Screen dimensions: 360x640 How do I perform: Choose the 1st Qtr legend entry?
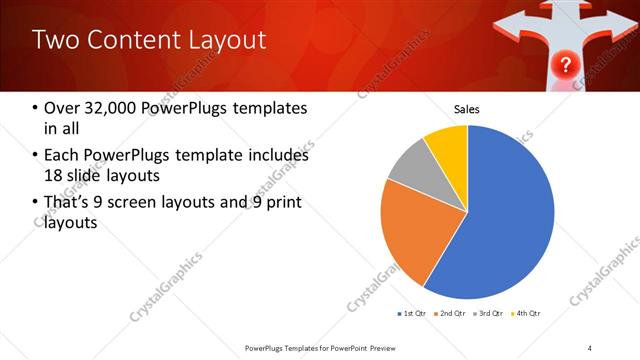(413, 314)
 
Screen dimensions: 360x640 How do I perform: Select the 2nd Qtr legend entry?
(451, 314)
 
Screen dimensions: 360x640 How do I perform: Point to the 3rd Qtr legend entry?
(489, 314)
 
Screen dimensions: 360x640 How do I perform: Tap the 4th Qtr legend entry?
(527, 314)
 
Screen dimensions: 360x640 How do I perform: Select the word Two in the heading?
(52, 40)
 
